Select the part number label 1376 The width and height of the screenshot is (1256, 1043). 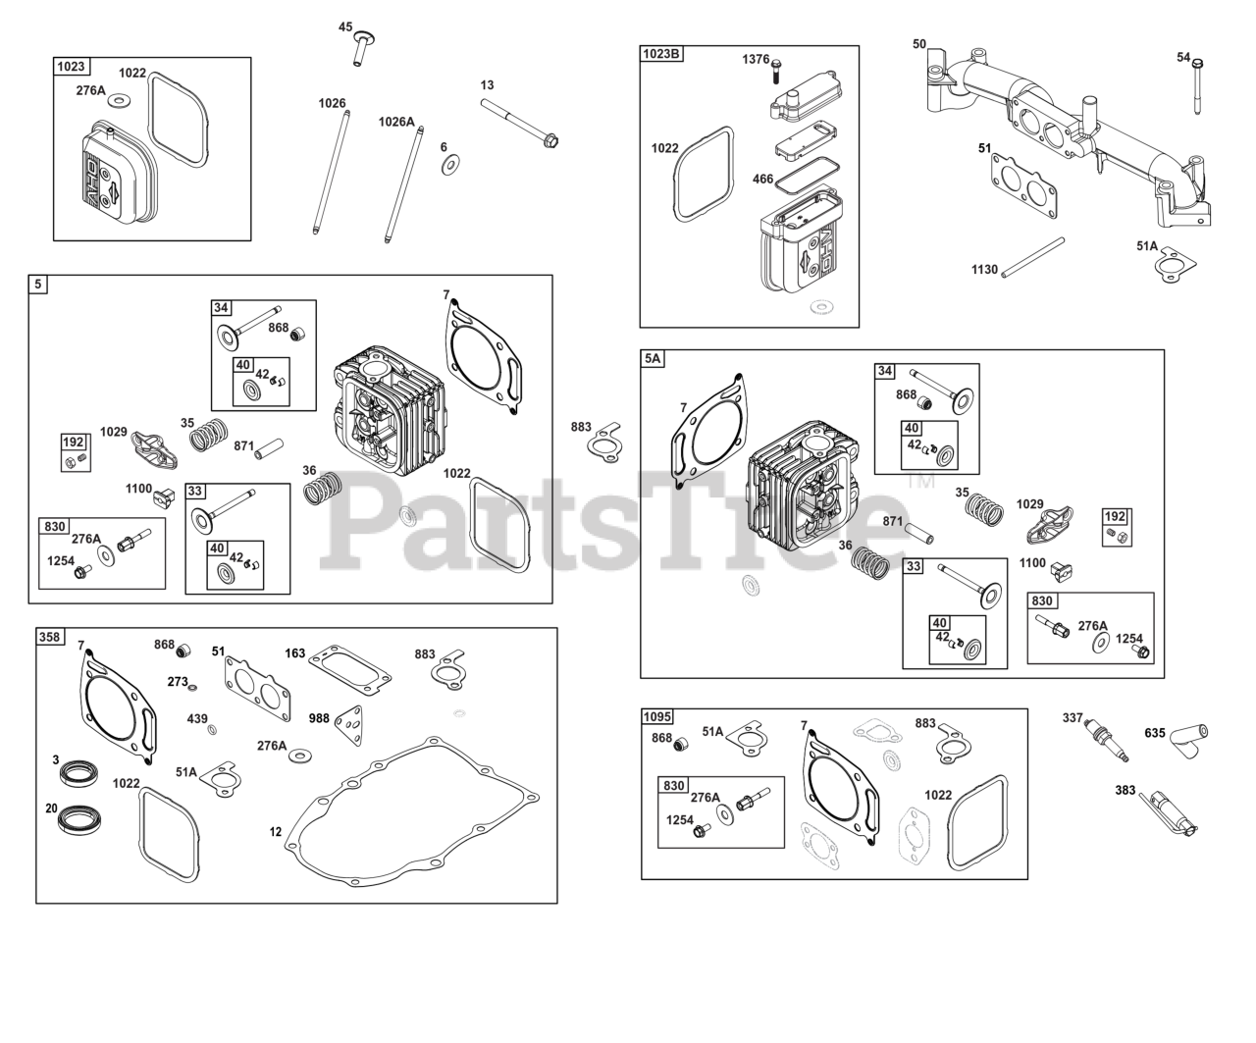[x=756, y=60]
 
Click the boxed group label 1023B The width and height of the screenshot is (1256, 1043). [x=661, y=54]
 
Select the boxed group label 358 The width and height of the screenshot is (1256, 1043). [x=49, y=637]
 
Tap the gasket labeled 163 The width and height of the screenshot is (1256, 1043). [x=349, y=665]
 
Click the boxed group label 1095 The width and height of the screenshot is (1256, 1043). [x=659, y=717]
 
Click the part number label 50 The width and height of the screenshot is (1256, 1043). [x=918, y=44]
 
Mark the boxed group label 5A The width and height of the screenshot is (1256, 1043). [x=653, y=359]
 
